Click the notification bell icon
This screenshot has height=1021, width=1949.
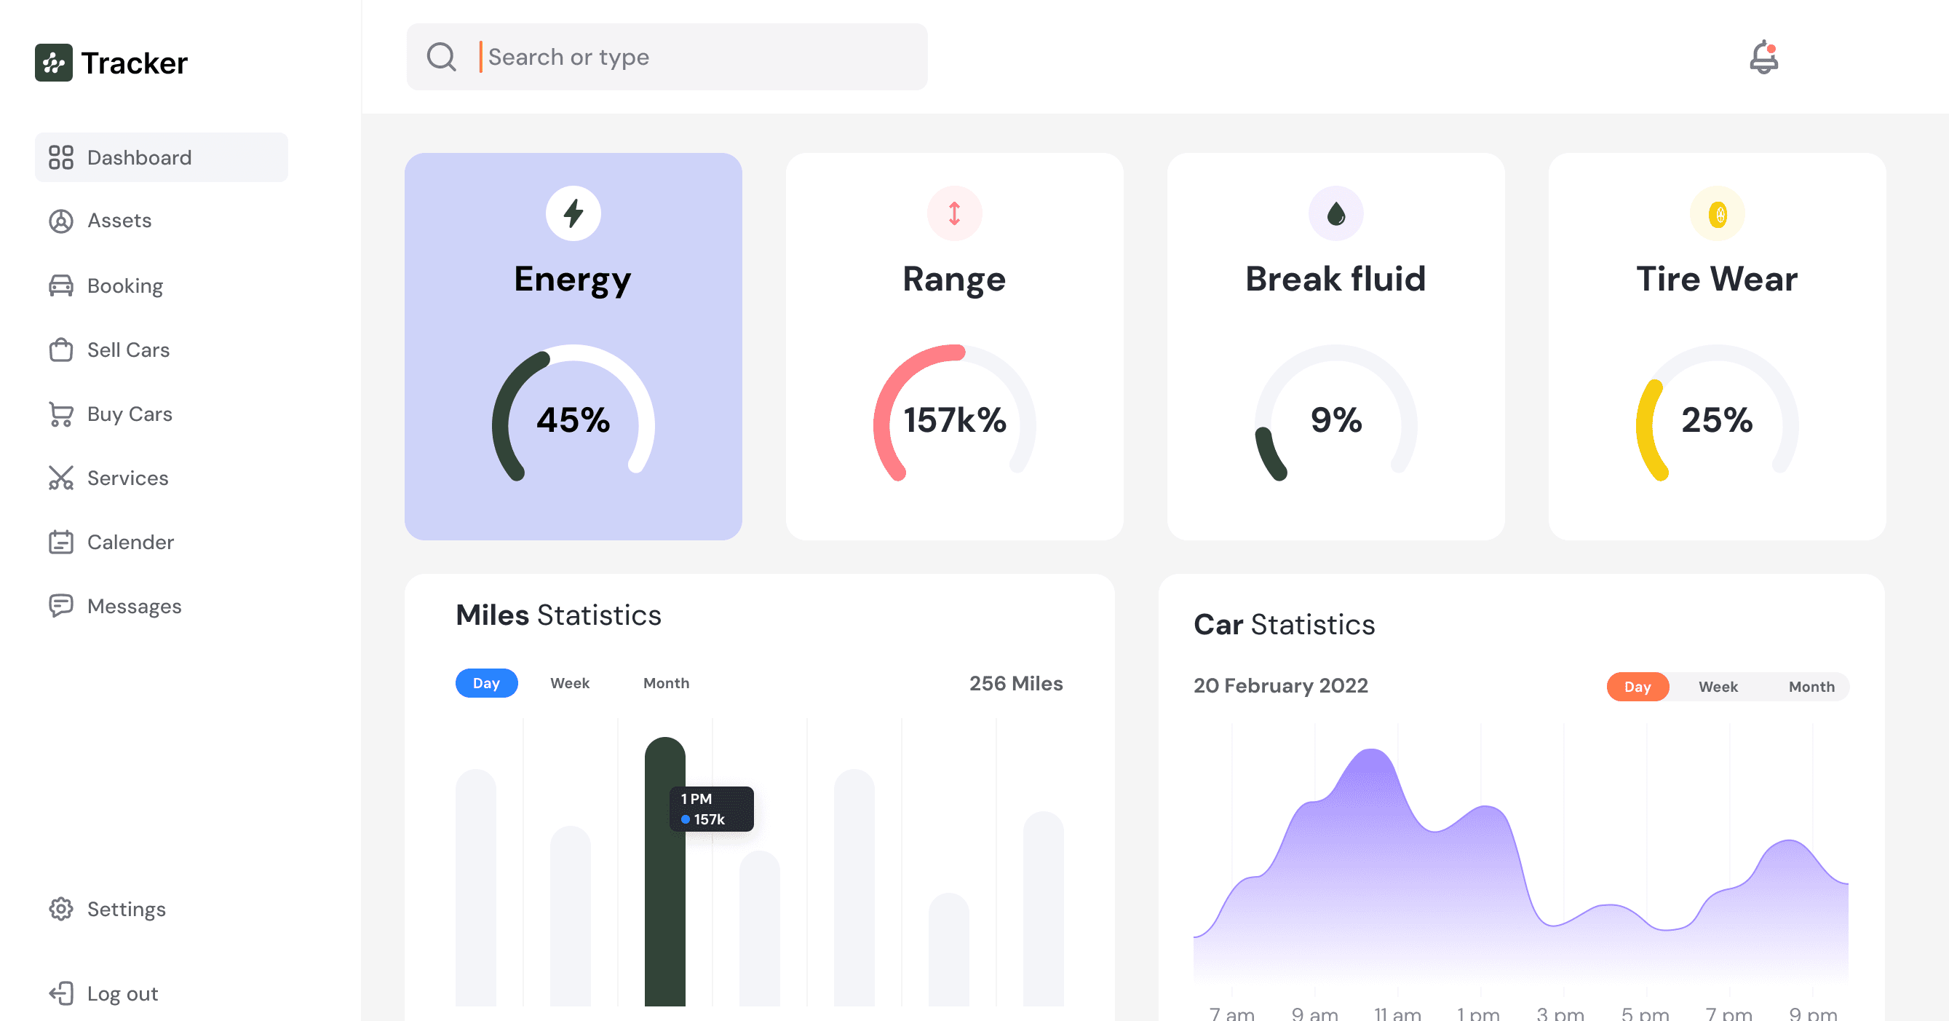pos(1763,57)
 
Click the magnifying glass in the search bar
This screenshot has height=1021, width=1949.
pos(441,57)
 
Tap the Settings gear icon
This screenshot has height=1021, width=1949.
pos(61,909)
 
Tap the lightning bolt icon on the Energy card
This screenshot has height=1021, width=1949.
pos(573,213)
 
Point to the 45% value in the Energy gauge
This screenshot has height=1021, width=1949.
pos(573,420)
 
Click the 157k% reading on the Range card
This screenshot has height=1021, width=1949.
pos(955,420)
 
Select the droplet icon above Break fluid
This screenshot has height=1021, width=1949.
pos(1336,213)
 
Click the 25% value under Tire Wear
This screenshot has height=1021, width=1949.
pos(1718,420)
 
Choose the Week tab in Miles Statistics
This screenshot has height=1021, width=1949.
pos(570,683)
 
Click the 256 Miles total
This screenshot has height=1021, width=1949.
pos(1016,683)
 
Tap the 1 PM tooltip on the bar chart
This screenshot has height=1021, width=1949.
pos(711,809)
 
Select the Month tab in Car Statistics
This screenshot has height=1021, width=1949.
pos(1811,687)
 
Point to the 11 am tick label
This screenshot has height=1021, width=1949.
pos(1397,1014)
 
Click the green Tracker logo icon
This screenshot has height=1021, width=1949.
pos(54,63)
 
